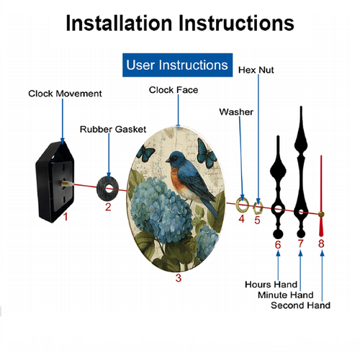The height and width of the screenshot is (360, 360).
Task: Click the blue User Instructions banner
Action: (x=177, y=65)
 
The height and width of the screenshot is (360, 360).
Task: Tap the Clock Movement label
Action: (x=65, y=94)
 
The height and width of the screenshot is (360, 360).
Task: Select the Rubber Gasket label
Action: (x=113, y=130)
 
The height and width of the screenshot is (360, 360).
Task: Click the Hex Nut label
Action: (x=256, y=70)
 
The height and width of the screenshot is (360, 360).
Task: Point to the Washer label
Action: (x=236, y=112)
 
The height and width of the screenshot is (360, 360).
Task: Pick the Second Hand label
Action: (x=300, y=305)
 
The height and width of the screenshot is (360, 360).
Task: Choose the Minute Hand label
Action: (x=286, y=295)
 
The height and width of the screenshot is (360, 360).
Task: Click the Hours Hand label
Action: (x=271, y=284)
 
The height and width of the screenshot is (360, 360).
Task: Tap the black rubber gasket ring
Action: (x=102, y=189)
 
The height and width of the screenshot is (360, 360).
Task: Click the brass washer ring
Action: (x=238, y=205)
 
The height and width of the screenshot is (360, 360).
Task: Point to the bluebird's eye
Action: (x=174, y=158)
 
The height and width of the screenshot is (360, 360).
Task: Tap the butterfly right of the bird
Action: (x=206, y=153)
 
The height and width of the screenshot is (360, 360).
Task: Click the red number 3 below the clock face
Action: (x=179, y=278)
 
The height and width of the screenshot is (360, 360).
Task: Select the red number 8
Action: (x=321, y=243)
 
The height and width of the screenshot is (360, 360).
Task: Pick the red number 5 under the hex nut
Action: (x=257, y=220)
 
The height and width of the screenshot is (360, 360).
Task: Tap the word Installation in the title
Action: (x=119, y=23)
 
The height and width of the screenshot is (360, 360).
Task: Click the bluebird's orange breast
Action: (x=178, y=179)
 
